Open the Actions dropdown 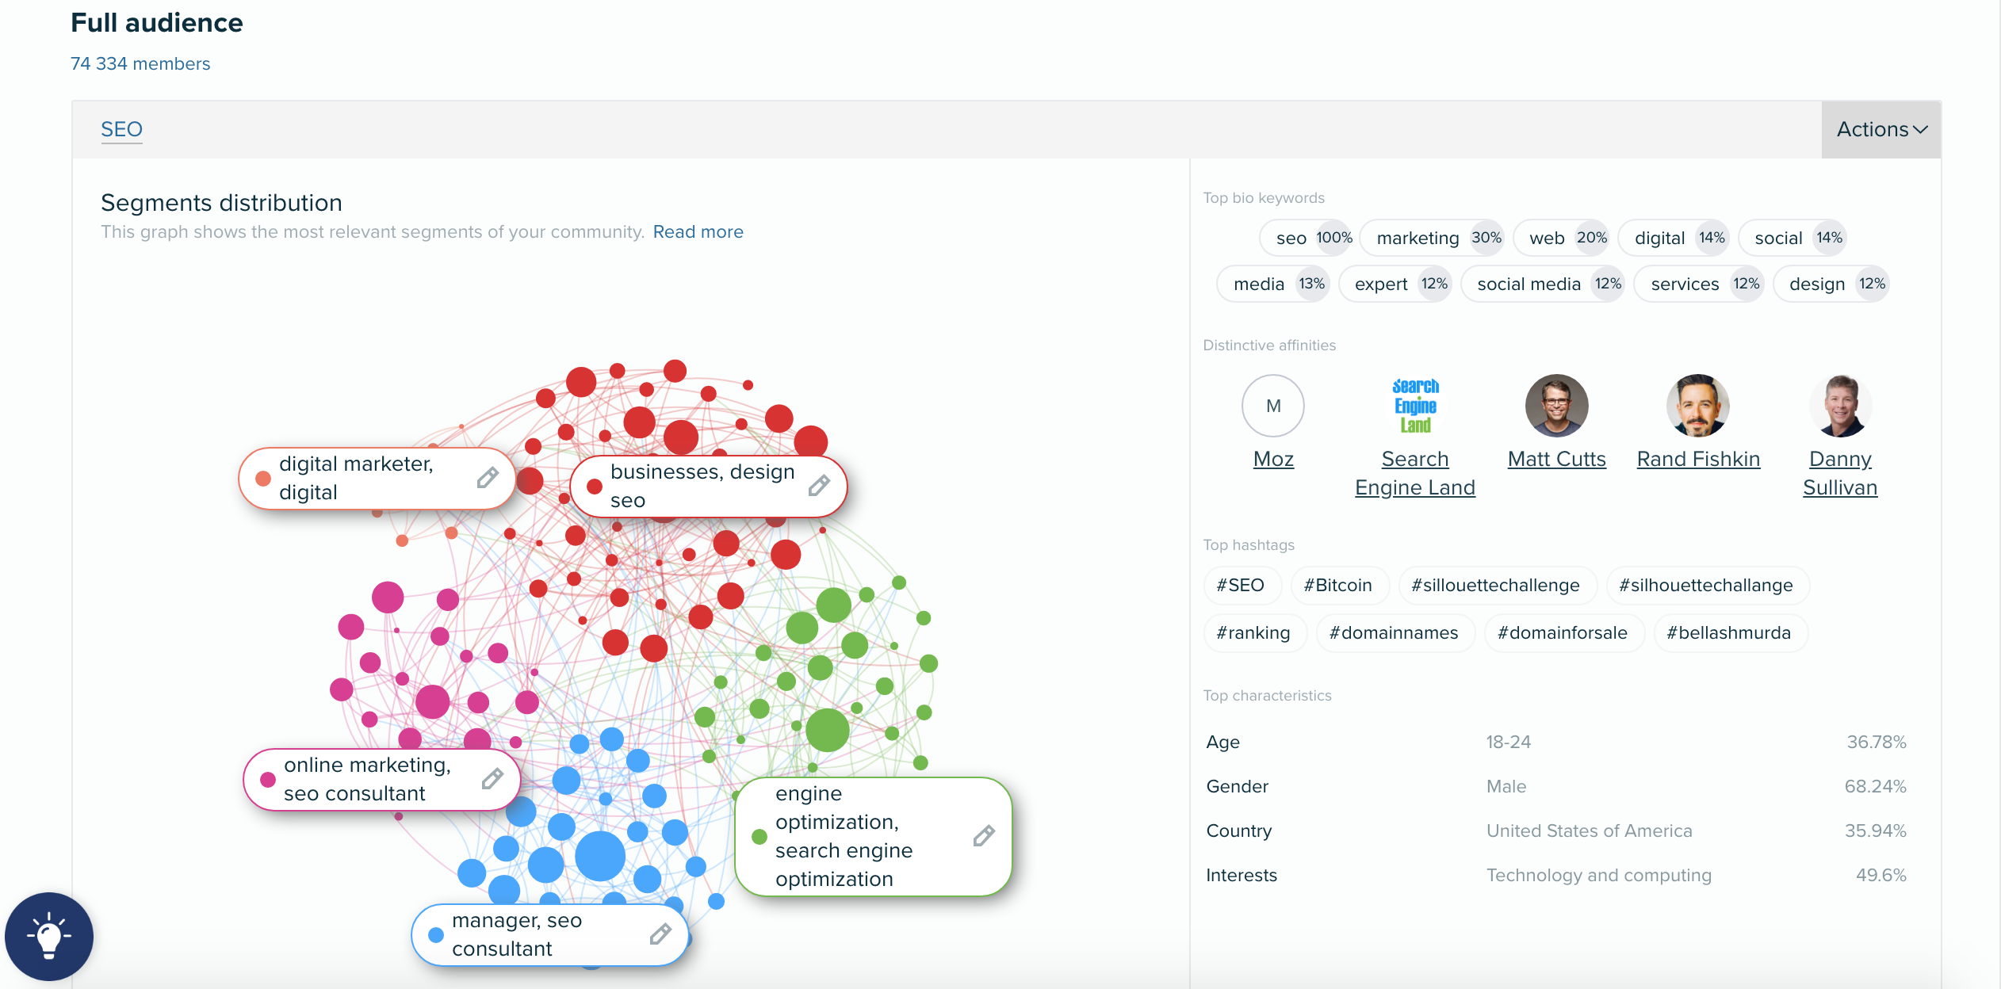[1881, 129]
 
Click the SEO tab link [121, 129]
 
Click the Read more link [698, 232]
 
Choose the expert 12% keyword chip [1395, 284]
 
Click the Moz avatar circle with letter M [1273, 406]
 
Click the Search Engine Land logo [1415, 406]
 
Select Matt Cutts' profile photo [1556, 406]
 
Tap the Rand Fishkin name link [1698, 459]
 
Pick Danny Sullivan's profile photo [1840, 406]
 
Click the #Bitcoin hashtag [1339, 586]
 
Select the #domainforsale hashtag [1563, 633]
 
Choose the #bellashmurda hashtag [1729, 633]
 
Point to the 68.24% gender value [1875, 786]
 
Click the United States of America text [1589, 831]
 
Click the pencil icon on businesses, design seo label [819, 486]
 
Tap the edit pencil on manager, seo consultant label [660, 934]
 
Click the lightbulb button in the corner [49, 937]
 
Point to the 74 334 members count [140, 63]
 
